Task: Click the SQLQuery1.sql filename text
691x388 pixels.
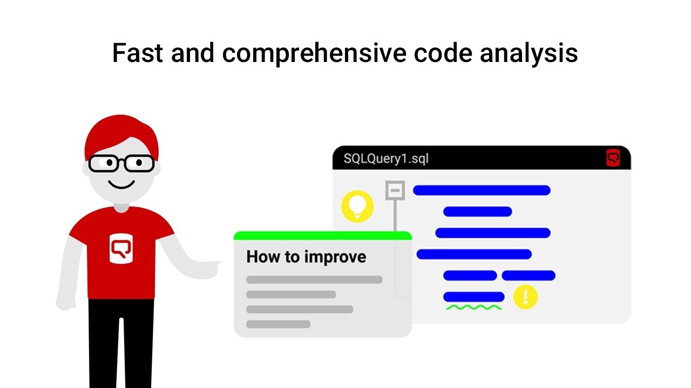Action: [x=386, y=158]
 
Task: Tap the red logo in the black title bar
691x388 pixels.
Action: [x=613, y=158]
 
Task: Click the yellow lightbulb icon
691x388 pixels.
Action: [x=357, y=206]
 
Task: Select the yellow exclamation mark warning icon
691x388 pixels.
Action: [x=525, y=297]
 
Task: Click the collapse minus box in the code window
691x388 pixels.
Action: [x=395, y=190]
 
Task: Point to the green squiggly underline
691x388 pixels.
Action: [x=473, y=308]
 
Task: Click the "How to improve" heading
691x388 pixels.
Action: [x=306, y=257]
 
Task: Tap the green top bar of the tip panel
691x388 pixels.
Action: [x=322, y=235]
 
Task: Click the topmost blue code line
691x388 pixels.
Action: [x=482, y=190]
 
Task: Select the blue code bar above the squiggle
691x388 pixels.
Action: [x=473, y=297]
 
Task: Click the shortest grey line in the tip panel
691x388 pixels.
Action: [x=278, y=324]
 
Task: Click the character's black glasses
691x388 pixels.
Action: [x=121, y=163]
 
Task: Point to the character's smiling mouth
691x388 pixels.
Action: [x=121, y=184]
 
